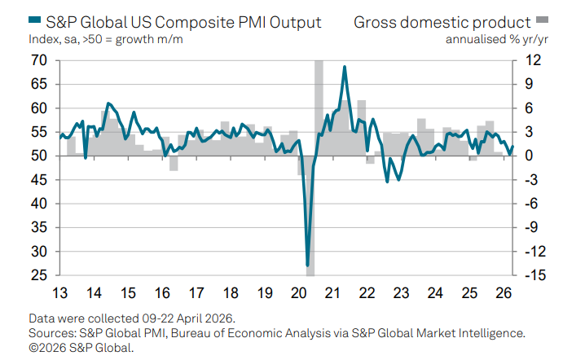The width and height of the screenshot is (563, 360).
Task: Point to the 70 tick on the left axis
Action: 37,60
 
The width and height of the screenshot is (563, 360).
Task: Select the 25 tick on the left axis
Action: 37,275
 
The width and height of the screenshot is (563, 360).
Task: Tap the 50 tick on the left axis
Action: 37,156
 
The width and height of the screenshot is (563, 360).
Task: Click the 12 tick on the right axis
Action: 532,60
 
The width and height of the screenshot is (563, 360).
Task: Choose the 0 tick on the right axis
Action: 529,156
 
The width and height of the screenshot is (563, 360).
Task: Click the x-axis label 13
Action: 59,292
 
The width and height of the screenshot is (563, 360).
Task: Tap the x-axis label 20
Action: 298,292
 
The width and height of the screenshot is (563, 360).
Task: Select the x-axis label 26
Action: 504,292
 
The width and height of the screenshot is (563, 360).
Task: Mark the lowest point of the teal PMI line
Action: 308,265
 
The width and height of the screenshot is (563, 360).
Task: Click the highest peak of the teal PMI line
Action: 345,67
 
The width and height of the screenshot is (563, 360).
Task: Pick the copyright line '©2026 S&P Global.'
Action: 81,347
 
